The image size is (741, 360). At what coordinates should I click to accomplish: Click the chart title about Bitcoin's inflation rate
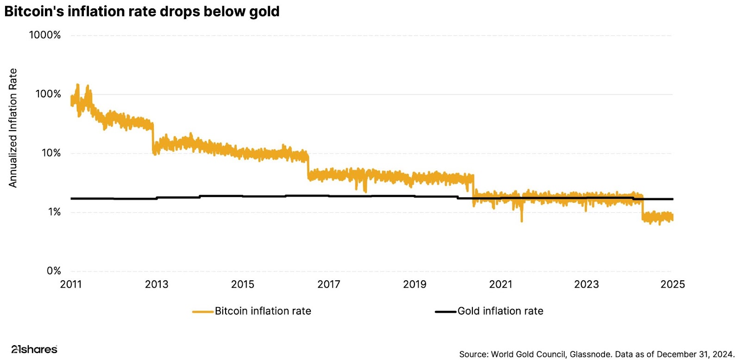(x=142, y=11)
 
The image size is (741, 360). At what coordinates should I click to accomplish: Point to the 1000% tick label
(x=44, y=35)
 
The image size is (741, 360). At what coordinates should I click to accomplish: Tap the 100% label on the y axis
(x=48, y=94)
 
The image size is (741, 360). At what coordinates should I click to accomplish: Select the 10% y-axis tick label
(x=51, y=153)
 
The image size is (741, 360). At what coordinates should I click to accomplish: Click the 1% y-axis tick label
(x=54, y=212)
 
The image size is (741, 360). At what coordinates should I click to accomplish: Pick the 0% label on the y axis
(x=54, y=271)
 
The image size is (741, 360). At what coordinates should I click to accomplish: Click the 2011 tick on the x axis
(x=71, y=284)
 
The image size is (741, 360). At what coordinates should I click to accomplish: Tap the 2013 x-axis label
(x=157, y=284)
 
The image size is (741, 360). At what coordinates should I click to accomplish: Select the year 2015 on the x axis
(x=243, y=284)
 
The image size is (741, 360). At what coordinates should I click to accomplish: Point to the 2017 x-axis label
(x=329, y=284)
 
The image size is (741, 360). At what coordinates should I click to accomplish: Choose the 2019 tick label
(x=414, y=284)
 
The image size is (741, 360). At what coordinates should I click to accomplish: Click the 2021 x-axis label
(x=501, y=284)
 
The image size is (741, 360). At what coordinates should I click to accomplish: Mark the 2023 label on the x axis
(x=586, y=284)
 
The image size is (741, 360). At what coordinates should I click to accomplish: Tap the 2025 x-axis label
(x=672, y=284)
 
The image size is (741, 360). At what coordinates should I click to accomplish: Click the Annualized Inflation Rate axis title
(x=13, y=128)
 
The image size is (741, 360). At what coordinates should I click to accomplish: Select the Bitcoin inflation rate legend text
(x=263, y=311)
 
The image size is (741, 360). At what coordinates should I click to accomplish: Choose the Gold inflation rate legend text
(x=500, y=311)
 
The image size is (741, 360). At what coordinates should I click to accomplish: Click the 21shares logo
(x=34, y=349)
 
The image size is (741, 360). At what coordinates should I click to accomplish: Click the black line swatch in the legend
(x=446, y=312)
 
